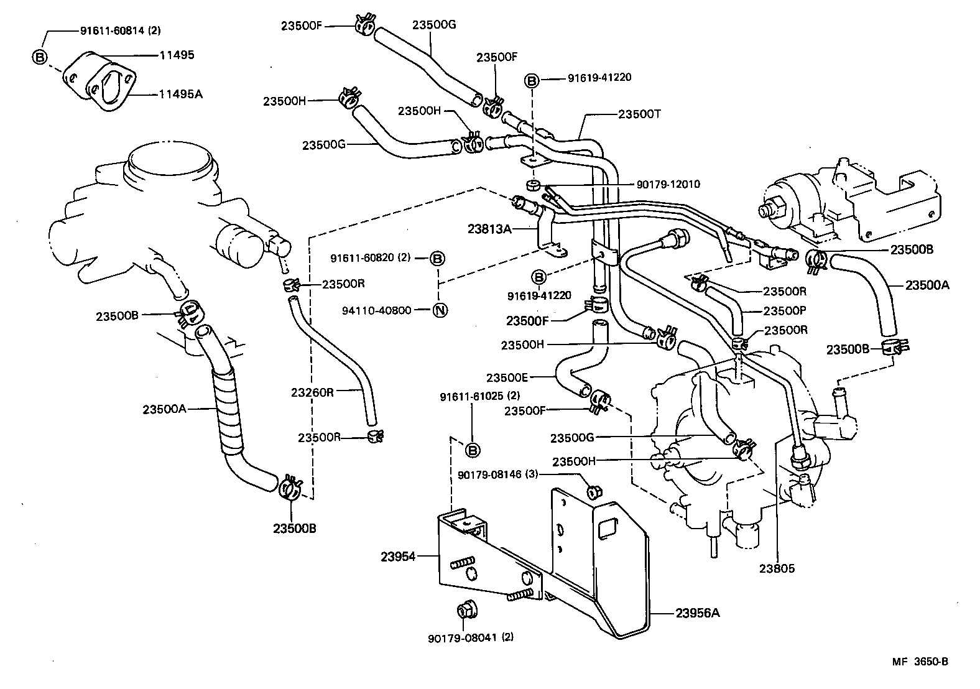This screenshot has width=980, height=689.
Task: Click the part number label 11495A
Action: [x=180, y=95]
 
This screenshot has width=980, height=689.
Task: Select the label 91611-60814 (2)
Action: [x=121, y=30]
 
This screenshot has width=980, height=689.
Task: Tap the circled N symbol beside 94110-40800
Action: [x=439, y=310]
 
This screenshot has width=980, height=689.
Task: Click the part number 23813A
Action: [x=489, y=229]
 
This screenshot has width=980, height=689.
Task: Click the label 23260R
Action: [x=312, y=392]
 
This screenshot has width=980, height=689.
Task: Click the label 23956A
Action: [x=698, y=613]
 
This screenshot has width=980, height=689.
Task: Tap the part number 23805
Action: [x=777, y=568]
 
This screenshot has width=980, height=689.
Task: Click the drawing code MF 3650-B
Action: [x=920, y=662]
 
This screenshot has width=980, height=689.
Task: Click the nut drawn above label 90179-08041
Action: [x=465, y=611]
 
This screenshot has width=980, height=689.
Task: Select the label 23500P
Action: [x=784, y=311]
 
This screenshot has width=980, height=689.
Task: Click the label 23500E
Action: [x=507, y=377]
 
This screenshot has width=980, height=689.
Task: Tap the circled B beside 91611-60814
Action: [x=39, y=57]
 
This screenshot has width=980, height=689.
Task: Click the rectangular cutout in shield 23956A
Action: [x=605, y=527]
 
